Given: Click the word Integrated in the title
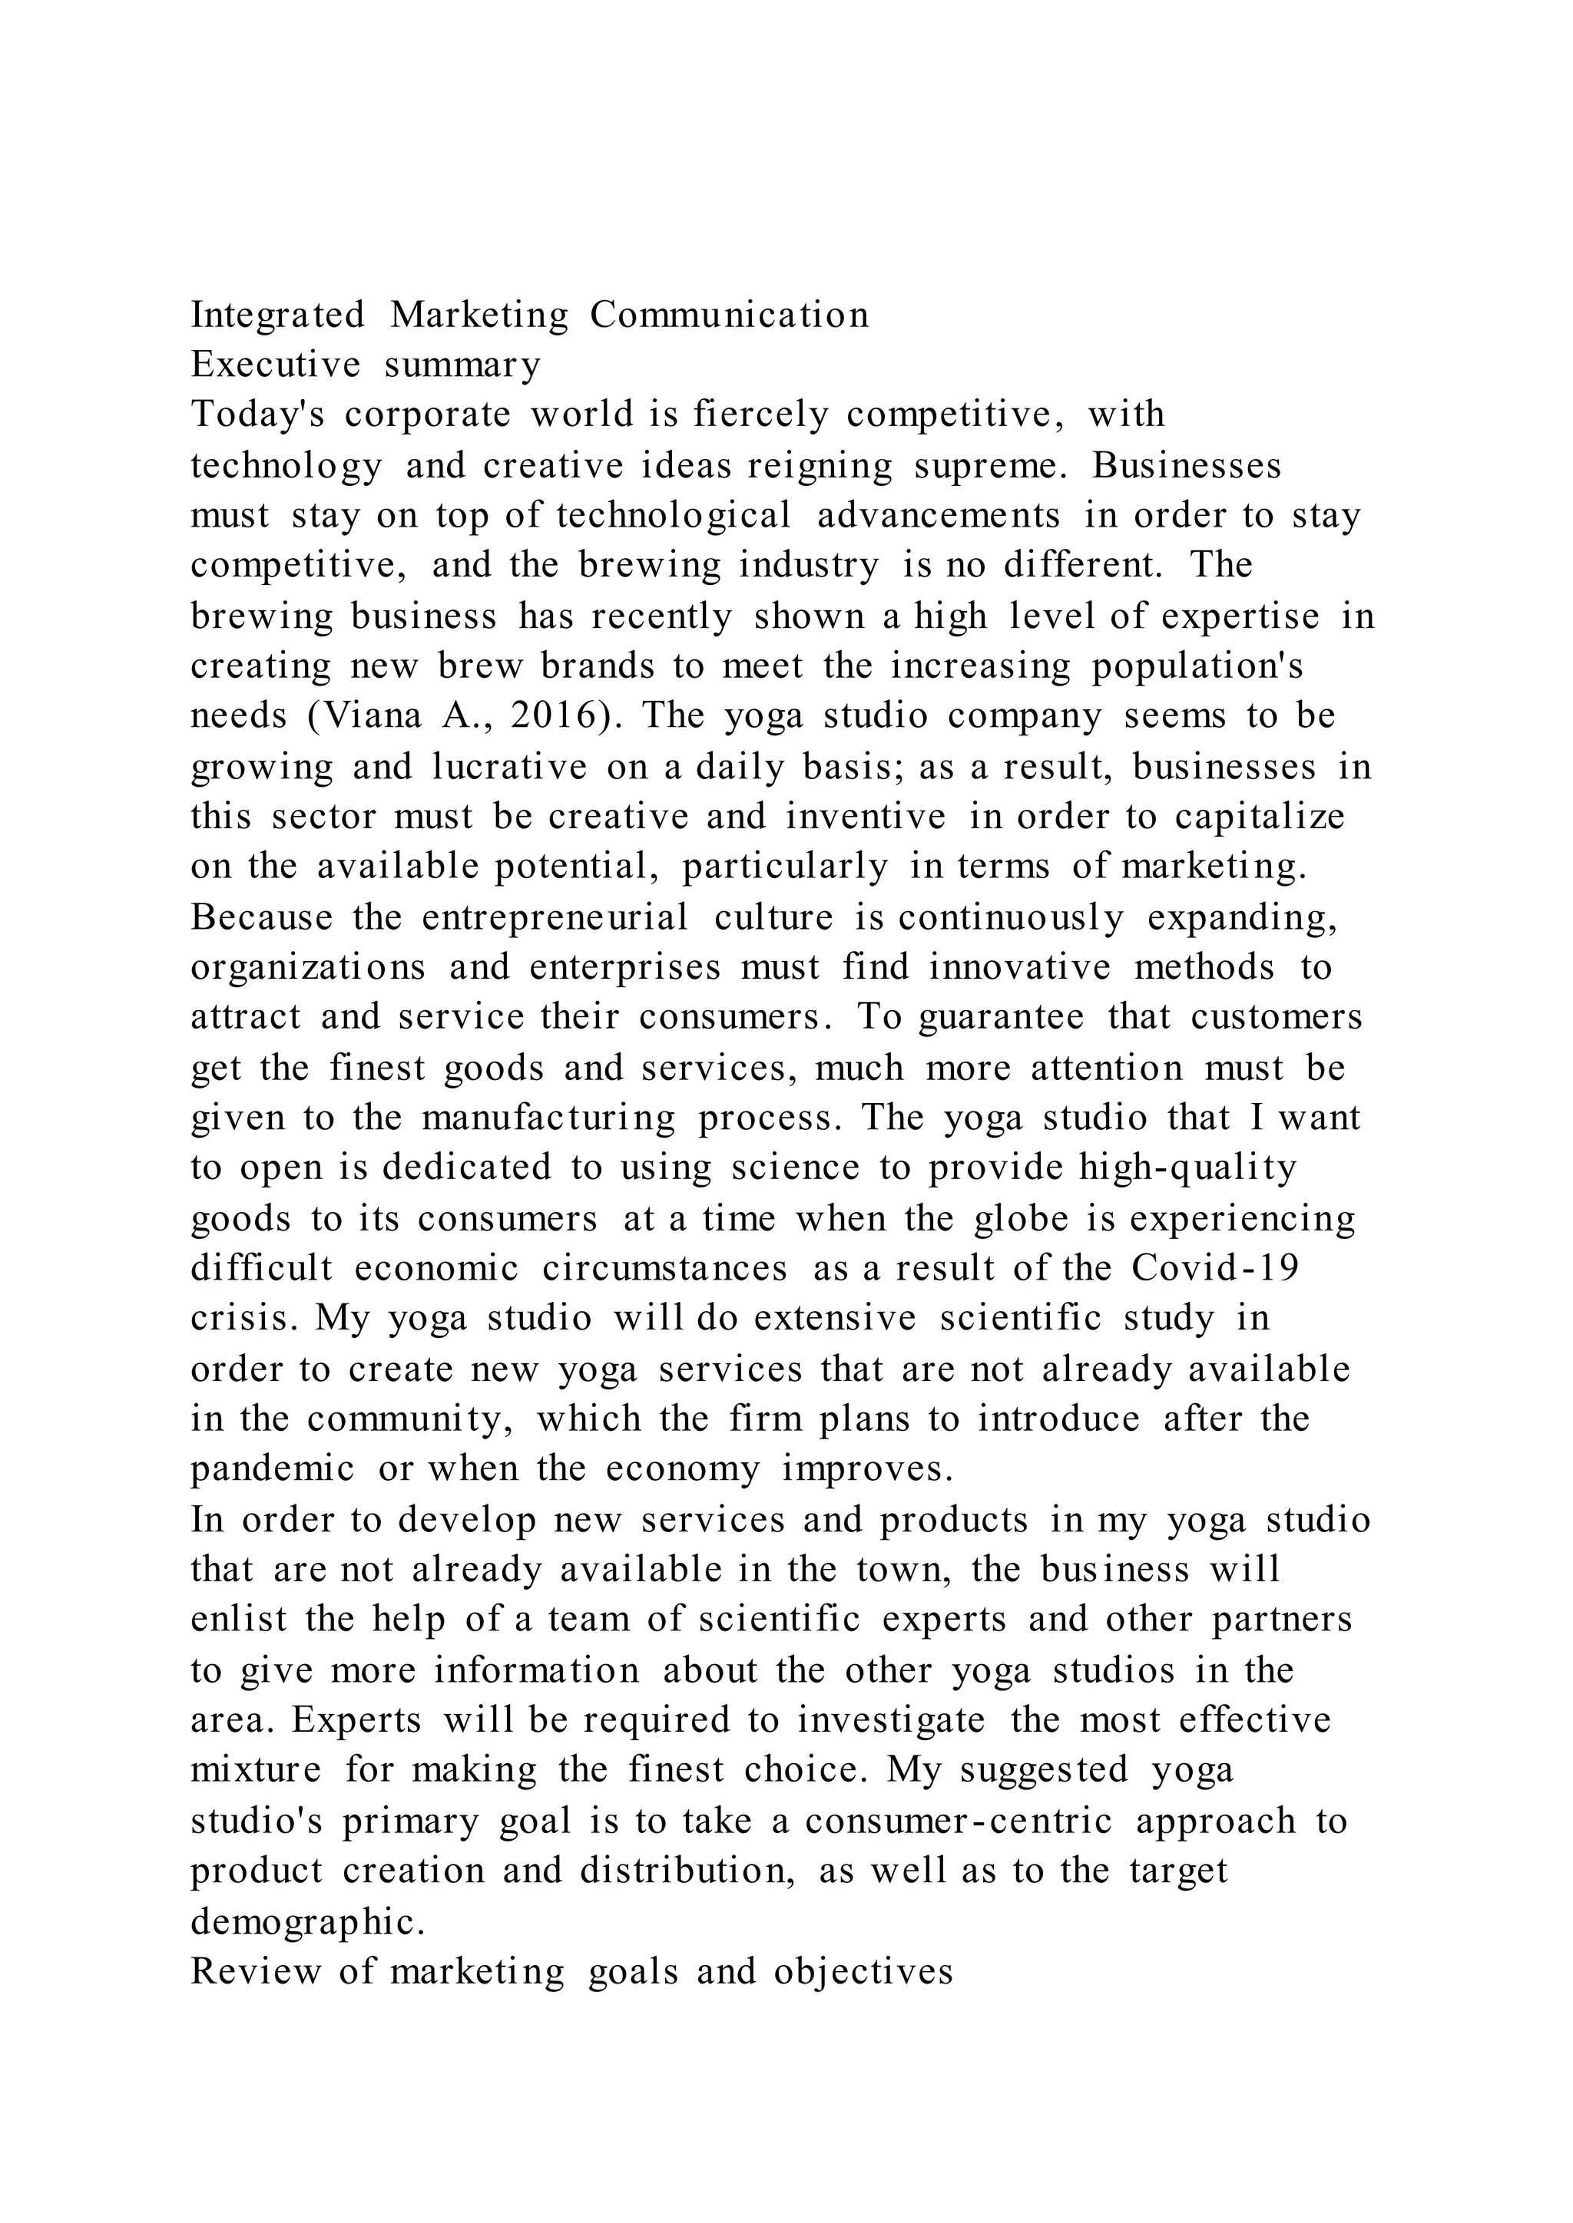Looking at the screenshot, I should pyautogui.click(x=277, y=315).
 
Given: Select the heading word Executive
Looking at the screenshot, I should pyautogui.click(x=275, y=365).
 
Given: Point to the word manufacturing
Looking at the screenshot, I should pyautogui.click(x=548, y=1118).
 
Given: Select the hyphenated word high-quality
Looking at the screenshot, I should pyautogui.click(x=1187, y=1168).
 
